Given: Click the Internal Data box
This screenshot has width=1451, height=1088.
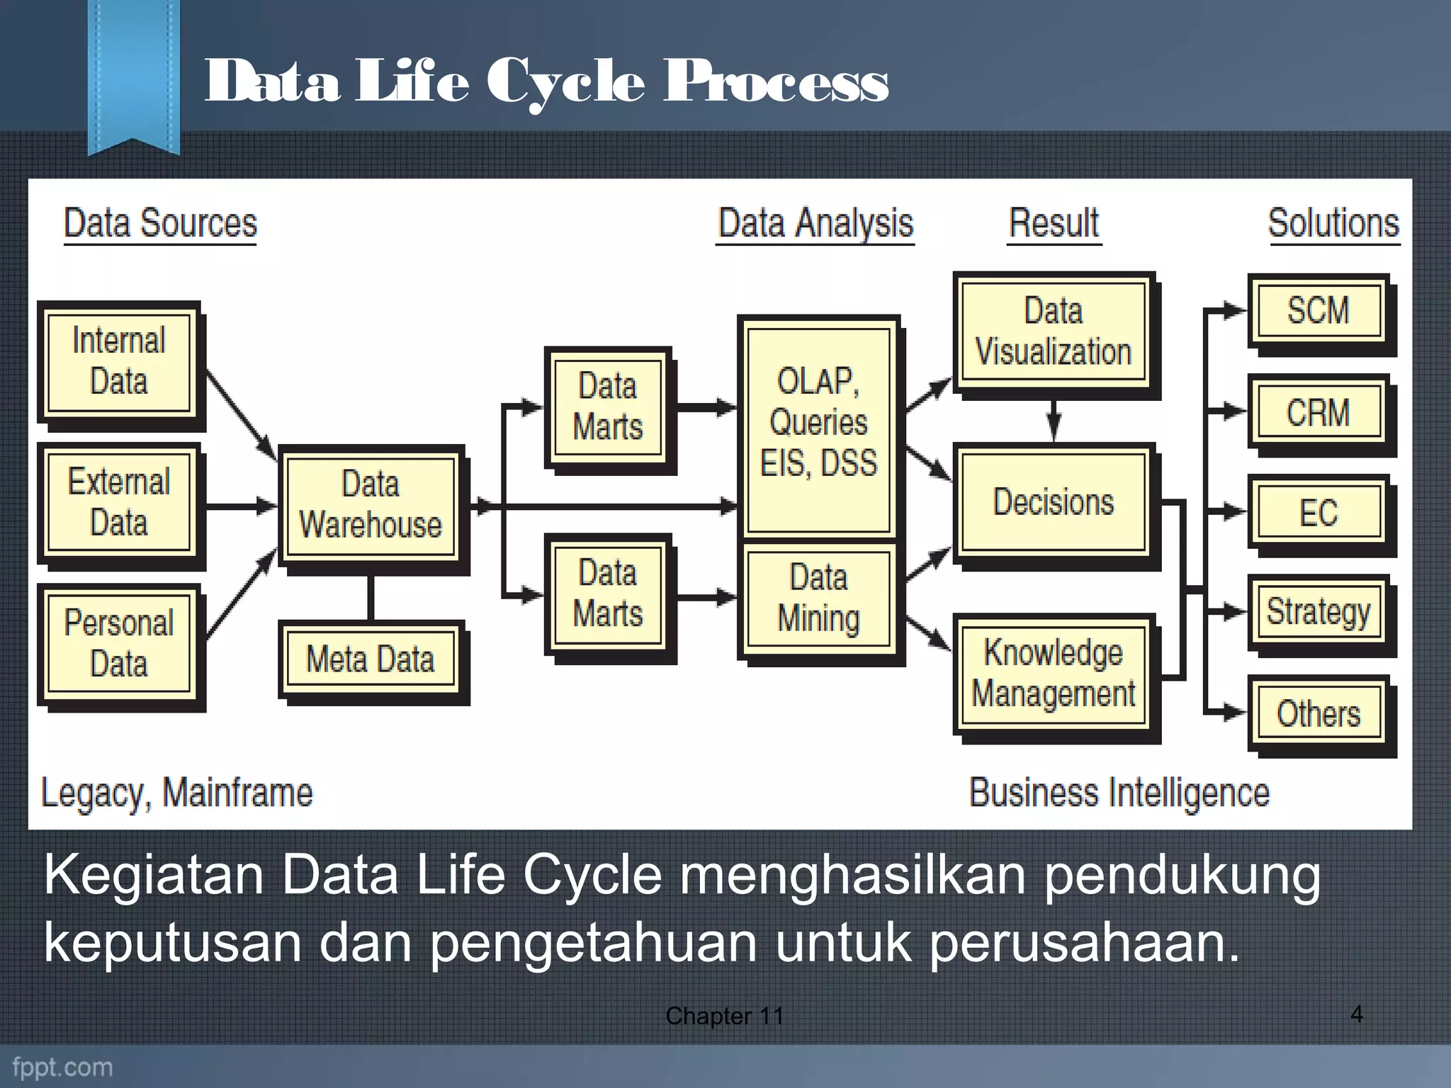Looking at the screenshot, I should click(x=118, y=362).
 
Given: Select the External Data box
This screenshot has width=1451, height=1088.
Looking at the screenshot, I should click(x=118, y=503).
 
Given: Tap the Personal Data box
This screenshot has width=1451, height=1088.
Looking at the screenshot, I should click(x=118, y=644).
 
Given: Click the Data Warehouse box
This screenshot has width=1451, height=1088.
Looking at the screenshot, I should click(x=370, y=504).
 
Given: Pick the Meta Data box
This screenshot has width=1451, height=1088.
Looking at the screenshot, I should click(x=370, y=659).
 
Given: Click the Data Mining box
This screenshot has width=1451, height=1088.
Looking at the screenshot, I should click(x=818, y=599).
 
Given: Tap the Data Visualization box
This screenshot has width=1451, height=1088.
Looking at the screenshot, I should click(x=1054, y=331).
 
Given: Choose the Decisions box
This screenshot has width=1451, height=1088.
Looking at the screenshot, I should click(x=1054, y=502).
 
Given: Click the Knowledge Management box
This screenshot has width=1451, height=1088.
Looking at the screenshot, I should click(x=1054, y=673).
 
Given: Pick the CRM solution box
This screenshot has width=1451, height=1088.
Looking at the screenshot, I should click(x=1319, y=412).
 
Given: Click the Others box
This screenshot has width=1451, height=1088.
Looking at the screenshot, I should click(x=1319, y=713).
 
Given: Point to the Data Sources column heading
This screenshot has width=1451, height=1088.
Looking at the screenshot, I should click(x=160, y=224).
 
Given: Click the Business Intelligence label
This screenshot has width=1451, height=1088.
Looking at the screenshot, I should click(x=1119, y=793).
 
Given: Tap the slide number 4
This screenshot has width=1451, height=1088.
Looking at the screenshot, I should click(x=1356, y=1014).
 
